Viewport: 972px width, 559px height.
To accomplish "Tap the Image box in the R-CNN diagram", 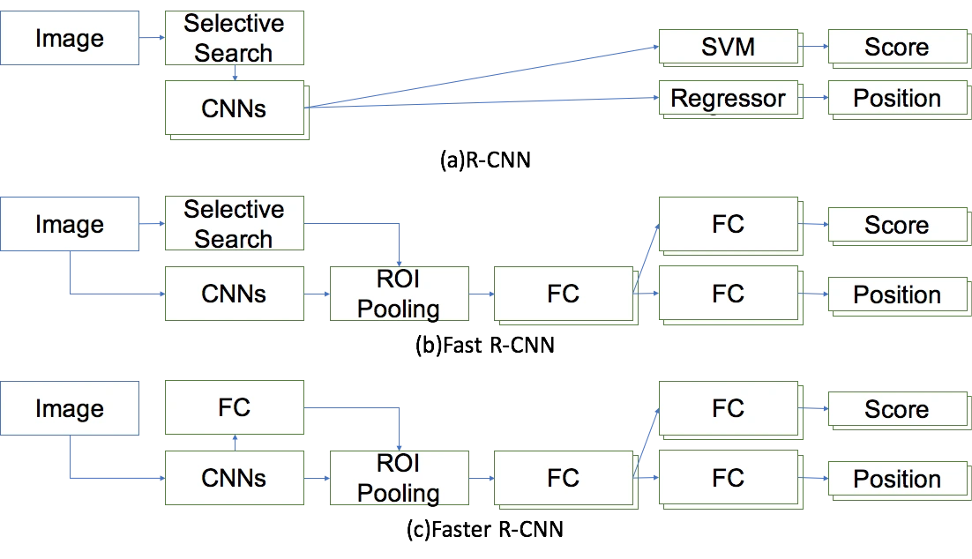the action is click(70, 38).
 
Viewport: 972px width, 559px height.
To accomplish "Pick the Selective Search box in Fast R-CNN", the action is click(235, 223).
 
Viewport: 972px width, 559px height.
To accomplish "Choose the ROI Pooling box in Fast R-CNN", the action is click(400, 294).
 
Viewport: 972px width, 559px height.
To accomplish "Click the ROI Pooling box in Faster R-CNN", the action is click(400, 478).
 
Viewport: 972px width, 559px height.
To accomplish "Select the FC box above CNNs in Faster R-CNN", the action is click(235, 407).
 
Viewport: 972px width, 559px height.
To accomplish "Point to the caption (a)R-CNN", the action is click(485, 160).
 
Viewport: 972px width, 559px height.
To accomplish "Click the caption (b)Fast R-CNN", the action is click(485, 345).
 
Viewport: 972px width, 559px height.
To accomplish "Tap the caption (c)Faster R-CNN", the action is click(485, 529).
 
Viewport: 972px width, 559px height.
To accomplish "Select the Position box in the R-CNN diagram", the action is click(900, 99).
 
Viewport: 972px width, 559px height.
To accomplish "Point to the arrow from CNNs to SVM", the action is click(482, 77).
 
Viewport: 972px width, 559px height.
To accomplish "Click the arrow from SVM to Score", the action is click(813, 47).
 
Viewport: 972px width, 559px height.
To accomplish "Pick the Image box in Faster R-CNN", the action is click(70, 407).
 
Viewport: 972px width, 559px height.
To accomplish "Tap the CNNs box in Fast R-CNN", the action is click(235, 294).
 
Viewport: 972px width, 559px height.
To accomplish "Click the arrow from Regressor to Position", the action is click(813, 97).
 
